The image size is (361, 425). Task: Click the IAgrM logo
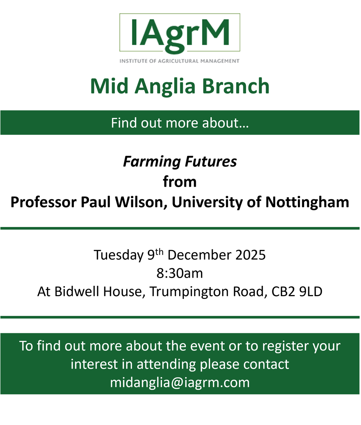[180, 33]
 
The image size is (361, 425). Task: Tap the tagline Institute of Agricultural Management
[180, 61]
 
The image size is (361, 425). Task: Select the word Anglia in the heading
[168, 86]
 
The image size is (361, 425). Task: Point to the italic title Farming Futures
[180, 162]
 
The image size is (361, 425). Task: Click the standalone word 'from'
[180, 182]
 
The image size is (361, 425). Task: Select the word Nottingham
[307, 202]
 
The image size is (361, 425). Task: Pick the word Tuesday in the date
[118, 255]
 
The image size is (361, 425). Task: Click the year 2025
[250, 255]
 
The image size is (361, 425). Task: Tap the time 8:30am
[180, 273]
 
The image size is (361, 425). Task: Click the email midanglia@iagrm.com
[180, 382]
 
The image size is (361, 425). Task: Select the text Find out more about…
[180, 123]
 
